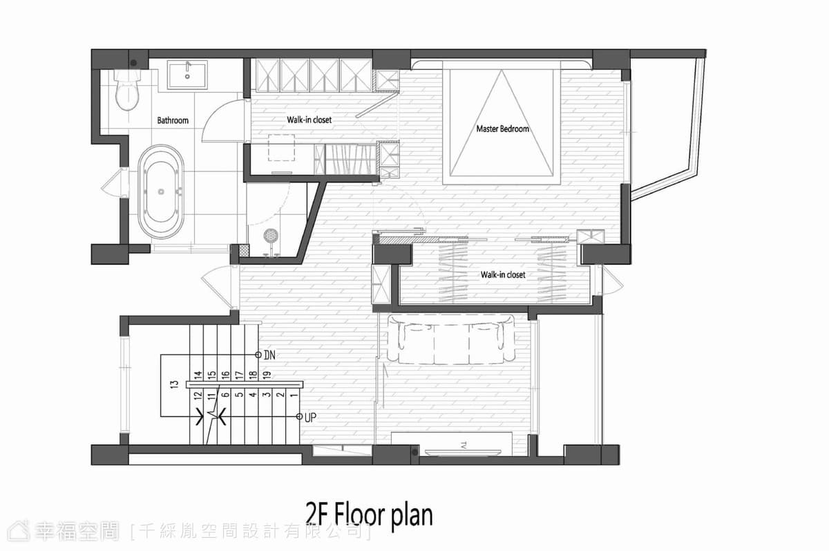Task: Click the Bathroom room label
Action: (173, 120)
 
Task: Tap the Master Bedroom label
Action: (503, 129)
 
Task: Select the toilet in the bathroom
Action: (127, 90)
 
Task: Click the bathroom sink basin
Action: (187, 75)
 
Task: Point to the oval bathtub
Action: (161, 192)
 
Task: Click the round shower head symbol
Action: (271, 236)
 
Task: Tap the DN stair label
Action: (269, 355)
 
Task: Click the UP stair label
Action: (310, 418)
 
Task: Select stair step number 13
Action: (174, 384)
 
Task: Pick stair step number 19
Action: (267, 375)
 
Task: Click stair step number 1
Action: (294, 395)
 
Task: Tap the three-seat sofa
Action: (450, 339)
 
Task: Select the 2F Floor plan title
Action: (370, 515)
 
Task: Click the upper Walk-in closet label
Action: (309, 120)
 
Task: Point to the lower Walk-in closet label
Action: (503, 274)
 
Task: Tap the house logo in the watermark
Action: (19, 532)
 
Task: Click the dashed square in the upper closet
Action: (281, 148)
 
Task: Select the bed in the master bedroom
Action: (502, 122)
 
